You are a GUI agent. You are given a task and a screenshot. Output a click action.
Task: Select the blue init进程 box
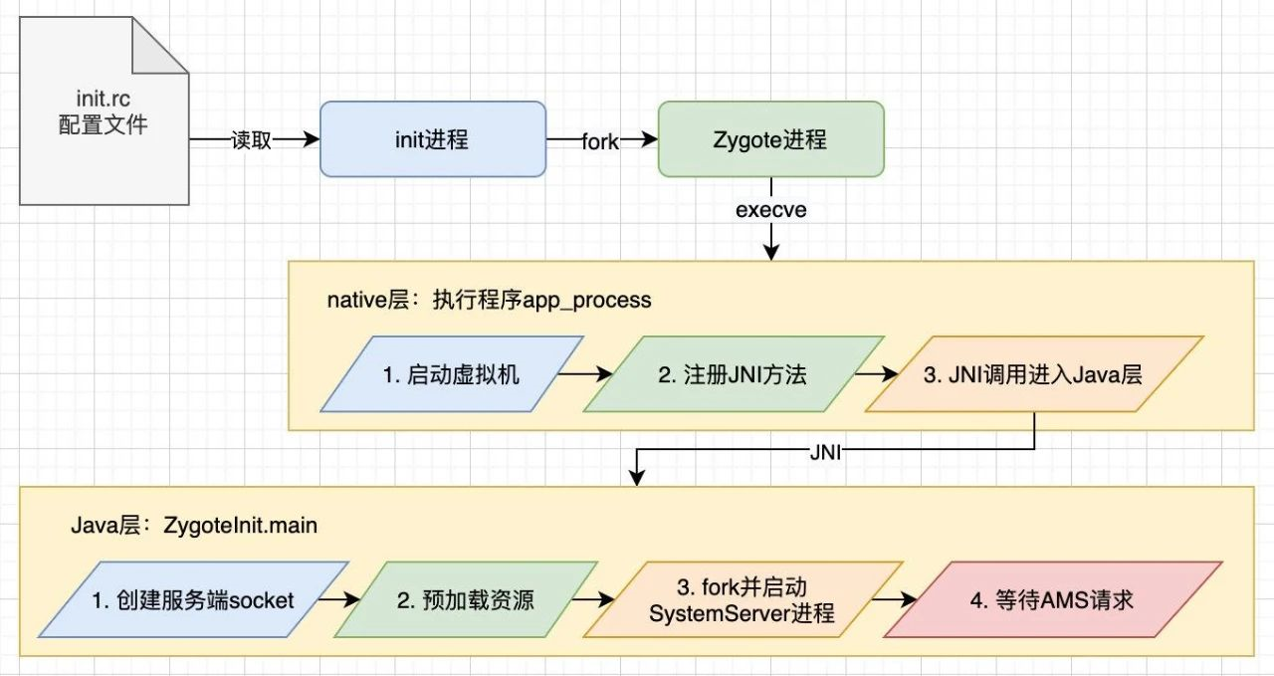click(432, 139)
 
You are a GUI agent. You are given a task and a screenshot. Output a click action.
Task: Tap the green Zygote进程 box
click(770, 139)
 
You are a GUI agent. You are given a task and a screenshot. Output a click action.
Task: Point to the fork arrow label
click(599, 141)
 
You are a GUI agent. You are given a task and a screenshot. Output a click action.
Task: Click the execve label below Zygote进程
click(770, 210)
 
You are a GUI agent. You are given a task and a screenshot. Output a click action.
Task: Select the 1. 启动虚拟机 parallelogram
click(451, 374)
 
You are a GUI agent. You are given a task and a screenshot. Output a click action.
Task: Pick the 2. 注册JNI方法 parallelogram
click(733, 374)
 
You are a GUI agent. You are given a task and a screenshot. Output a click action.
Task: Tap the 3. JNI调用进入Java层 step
click(1034, 374)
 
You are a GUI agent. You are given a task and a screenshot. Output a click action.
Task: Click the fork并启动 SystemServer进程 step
click(742, 599)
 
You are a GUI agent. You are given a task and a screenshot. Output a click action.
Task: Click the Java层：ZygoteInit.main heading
click(193, 524)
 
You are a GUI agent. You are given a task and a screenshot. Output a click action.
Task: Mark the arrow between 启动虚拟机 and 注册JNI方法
click(585, 374)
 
